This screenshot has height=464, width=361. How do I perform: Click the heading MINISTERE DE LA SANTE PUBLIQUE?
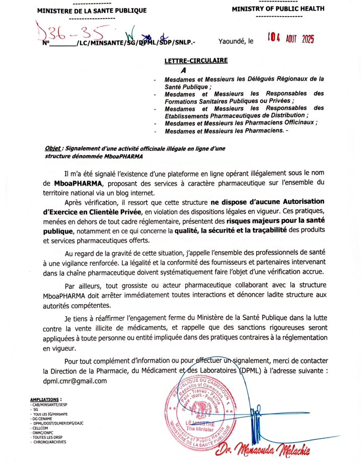click(92, 11)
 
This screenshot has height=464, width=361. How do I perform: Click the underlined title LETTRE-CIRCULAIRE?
click(196, 61)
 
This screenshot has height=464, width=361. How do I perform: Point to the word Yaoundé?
click(233, 41)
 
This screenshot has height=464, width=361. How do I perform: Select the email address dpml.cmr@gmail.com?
click(75, 381)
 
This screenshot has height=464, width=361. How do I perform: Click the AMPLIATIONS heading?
click(46, 399)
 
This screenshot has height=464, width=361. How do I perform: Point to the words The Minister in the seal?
click(201, 428)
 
